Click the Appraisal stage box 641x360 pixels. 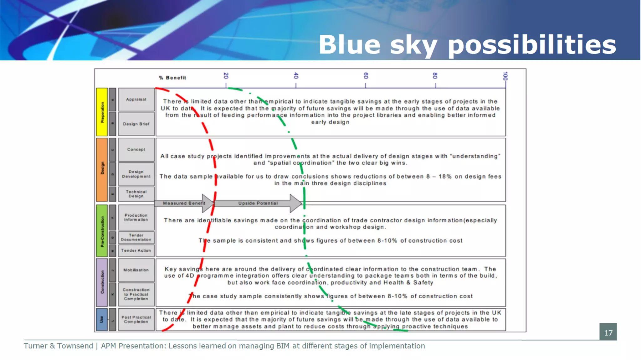136,100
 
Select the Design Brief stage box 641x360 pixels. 136,124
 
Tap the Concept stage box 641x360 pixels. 136,150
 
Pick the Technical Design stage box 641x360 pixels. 136,194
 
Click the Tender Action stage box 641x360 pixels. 136,250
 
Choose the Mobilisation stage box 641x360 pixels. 136,270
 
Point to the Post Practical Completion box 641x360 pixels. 136,320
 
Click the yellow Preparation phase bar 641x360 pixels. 102,112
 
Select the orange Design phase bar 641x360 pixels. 102,169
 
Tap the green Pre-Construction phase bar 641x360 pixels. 102,231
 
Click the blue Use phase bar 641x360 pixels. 102,320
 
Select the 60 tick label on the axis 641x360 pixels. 366,76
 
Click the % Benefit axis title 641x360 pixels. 172,78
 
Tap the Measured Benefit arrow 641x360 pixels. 184,203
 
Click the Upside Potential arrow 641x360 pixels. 258,203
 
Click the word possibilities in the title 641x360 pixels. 532,45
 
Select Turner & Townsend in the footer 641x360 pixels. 58,346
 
